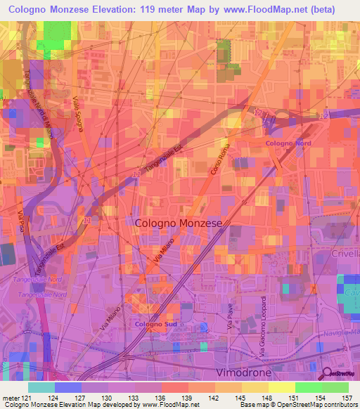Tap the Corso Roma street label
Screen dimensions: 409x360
tap(220, 160)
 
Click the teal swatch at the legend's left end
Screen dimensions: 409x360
tap(41, 387)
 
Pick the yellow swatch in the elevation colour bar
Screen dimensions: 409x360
tap(281, 387)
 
